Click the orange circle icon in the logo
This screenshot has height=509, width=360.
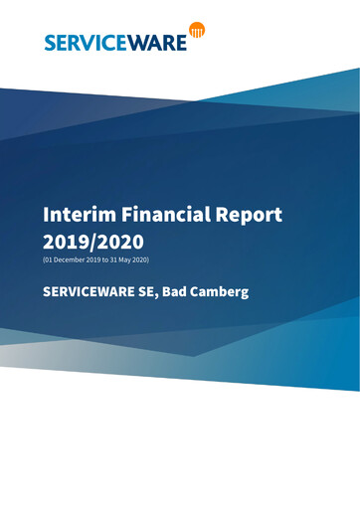197,32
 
